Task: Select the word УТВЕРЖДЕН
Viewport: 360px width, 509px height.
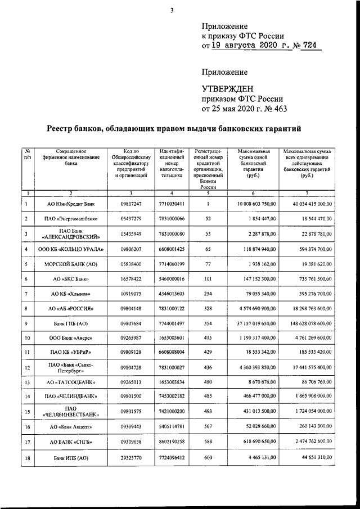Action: pyautogui.click(x=228, y=88)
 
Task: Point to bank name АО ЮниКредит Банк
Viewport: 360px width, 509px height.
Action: pyautogui.click(x=71, y=203)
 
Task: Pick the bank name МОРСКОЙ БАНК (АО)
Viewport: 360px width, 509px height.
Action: pyautogui.click(x=71, y=264)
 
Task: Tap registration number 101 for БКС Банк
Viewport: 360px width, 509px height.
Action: pyautogui.click(x=208, y=278)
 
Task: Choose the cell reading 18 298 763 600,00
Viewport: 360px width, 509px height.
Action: pyautogui.click(x=317, y=309)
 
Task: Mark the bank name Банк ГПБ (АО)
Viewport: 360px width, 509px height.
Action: pyautogui.click(x=71, y=324)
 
